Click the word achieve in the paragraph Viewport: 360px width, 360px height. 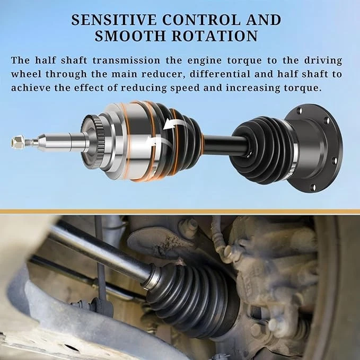tap(32, 87)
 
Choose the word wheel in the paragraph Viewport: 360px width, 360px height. tap(29, 74)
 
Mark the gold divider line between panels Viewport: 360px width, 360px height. tap(180, 211)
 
